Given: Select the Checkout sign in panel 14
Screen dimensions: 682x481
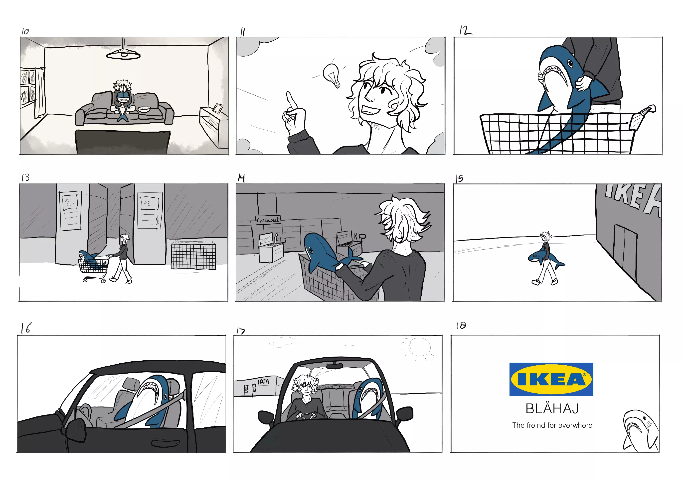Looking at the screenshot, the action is click(x=268, y=220).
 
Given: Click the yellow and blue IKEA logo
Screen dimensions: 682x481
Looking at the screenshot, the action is click(x=551, y=379).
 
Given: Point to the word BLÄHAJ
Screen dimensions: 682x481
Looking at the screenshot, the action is click(x=552, y=409).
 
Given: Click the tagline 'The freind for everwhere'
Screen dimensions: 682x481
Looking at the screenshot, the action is click(x=552, y=425).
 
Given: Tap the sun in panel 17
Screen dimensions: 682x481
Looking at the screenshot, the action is click(x=419, y=347).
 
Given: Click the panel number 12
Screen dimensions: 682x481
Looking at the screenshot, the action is click(x=465, y=30).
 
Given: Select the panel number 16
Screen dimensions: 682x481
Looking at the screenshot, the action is click(x=26, y=328).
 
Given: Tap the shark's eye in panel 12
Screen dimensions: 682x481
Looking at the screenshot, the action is click(x=570, y=64).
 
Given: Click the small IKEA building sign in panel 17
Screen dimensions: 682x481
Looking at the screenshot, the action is click(x=263, y=381).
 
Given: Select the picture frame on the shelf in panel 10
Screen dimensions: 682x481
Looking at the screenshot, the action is click(x=218, y=108).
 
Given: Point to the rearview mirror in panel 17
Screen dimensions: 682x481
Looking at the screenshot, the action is click(x=335, y=366).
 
